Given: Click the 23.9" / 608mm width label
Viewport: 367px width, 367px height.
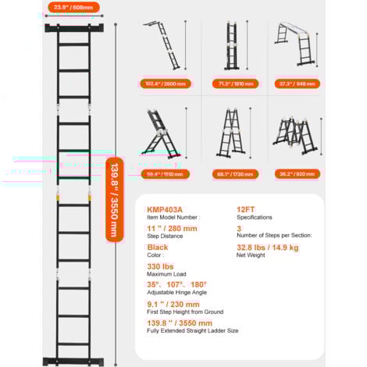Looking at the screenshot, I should [x=73, y=8].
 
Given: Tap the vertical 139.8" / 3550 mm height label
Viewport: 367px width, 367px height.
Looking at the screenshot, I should [x=114, y=197].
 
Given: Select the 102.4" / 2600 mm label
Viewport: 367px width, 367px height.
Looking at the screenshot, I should [x=166, y=84].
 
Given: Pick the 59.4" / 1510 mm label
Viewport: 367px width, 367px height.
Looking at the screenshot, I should [x=166, y=174].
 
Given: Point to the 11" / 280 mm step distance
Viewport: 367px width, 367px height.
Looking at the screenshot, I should [x=172, y=228].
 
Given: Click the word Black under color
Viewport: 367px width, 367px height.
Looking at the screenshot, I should [x=158, y=247].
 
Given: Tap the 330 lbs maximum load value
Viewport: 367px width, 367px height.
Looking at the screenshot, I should [x=160, y=266].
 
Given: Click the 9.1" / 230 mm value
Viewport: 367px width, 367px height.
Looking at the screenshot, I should [x=173, y=304].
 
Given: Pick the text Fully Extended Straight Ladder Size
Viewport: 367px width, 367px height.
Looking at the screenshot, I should [x=192, y=331].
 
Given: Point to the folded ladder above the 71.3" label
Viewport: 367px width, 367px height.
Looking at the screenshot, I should [x=233, y=45].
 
